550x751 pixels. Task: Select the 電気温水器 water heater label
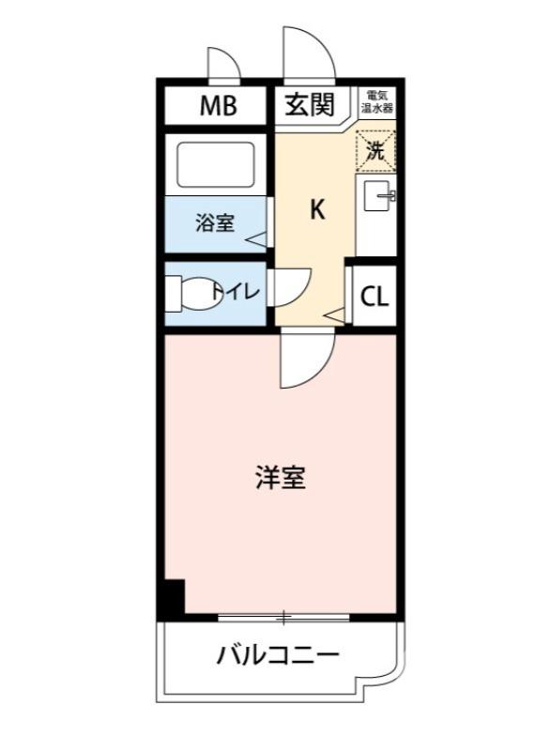(379, 101)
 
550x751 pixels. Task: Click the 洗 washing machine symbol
(375, 150)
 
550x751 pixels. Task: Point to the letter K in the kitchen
(317, 210)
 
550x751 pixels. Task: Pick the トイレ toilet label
(235, 292)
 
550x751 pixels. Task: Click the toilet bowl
(192, 293)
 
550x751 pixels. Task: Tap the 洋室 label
(281, 478)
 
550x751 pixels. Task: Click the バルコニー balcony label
(278, 654)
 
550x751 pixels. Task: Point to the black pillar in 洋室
(173, 598)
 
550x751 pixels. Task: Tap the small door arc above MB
(223, 66)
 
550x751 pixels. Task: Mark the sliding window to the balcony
(283, 617)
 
